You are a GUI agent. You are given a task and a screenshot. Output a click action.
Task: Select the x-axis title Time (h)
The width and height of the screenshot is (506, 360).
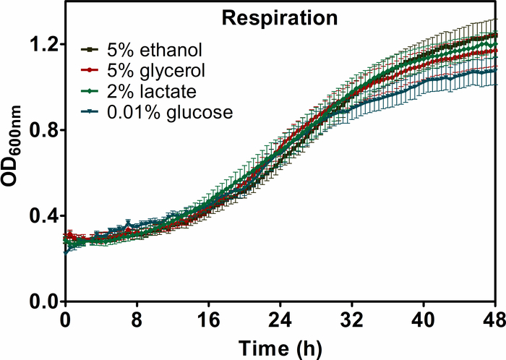278,346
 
